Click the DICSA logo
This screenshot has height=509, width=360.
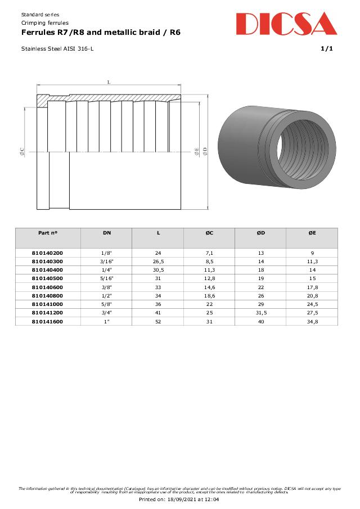coord(286,24)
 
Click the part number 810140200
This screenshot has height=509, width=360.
coord(47,253)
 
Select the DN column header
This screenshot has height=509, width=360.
coord(106,232)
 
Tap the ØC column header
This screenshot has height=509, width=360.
coord(209,232)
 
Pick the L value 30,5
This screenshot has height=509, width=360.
coord(158,270)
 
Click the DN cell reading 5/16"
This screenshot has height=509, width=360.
coord(106,278)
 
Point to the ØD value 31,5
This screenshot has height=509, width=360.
coord(260,312)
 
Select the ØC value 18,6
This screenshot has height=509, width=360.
coord(209,295)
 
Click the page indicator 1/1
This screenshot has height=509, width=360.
coord(327,49)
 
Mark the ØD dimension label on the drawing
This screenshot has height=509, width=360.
coord(205,151)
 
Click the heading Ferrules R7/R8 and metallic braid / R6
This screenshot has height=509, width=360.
coord(101,33)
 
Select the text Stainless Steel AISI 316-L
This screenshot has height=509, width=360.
coord(57,49)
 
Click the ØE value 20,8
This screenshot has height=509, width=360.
coord(312,295)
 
